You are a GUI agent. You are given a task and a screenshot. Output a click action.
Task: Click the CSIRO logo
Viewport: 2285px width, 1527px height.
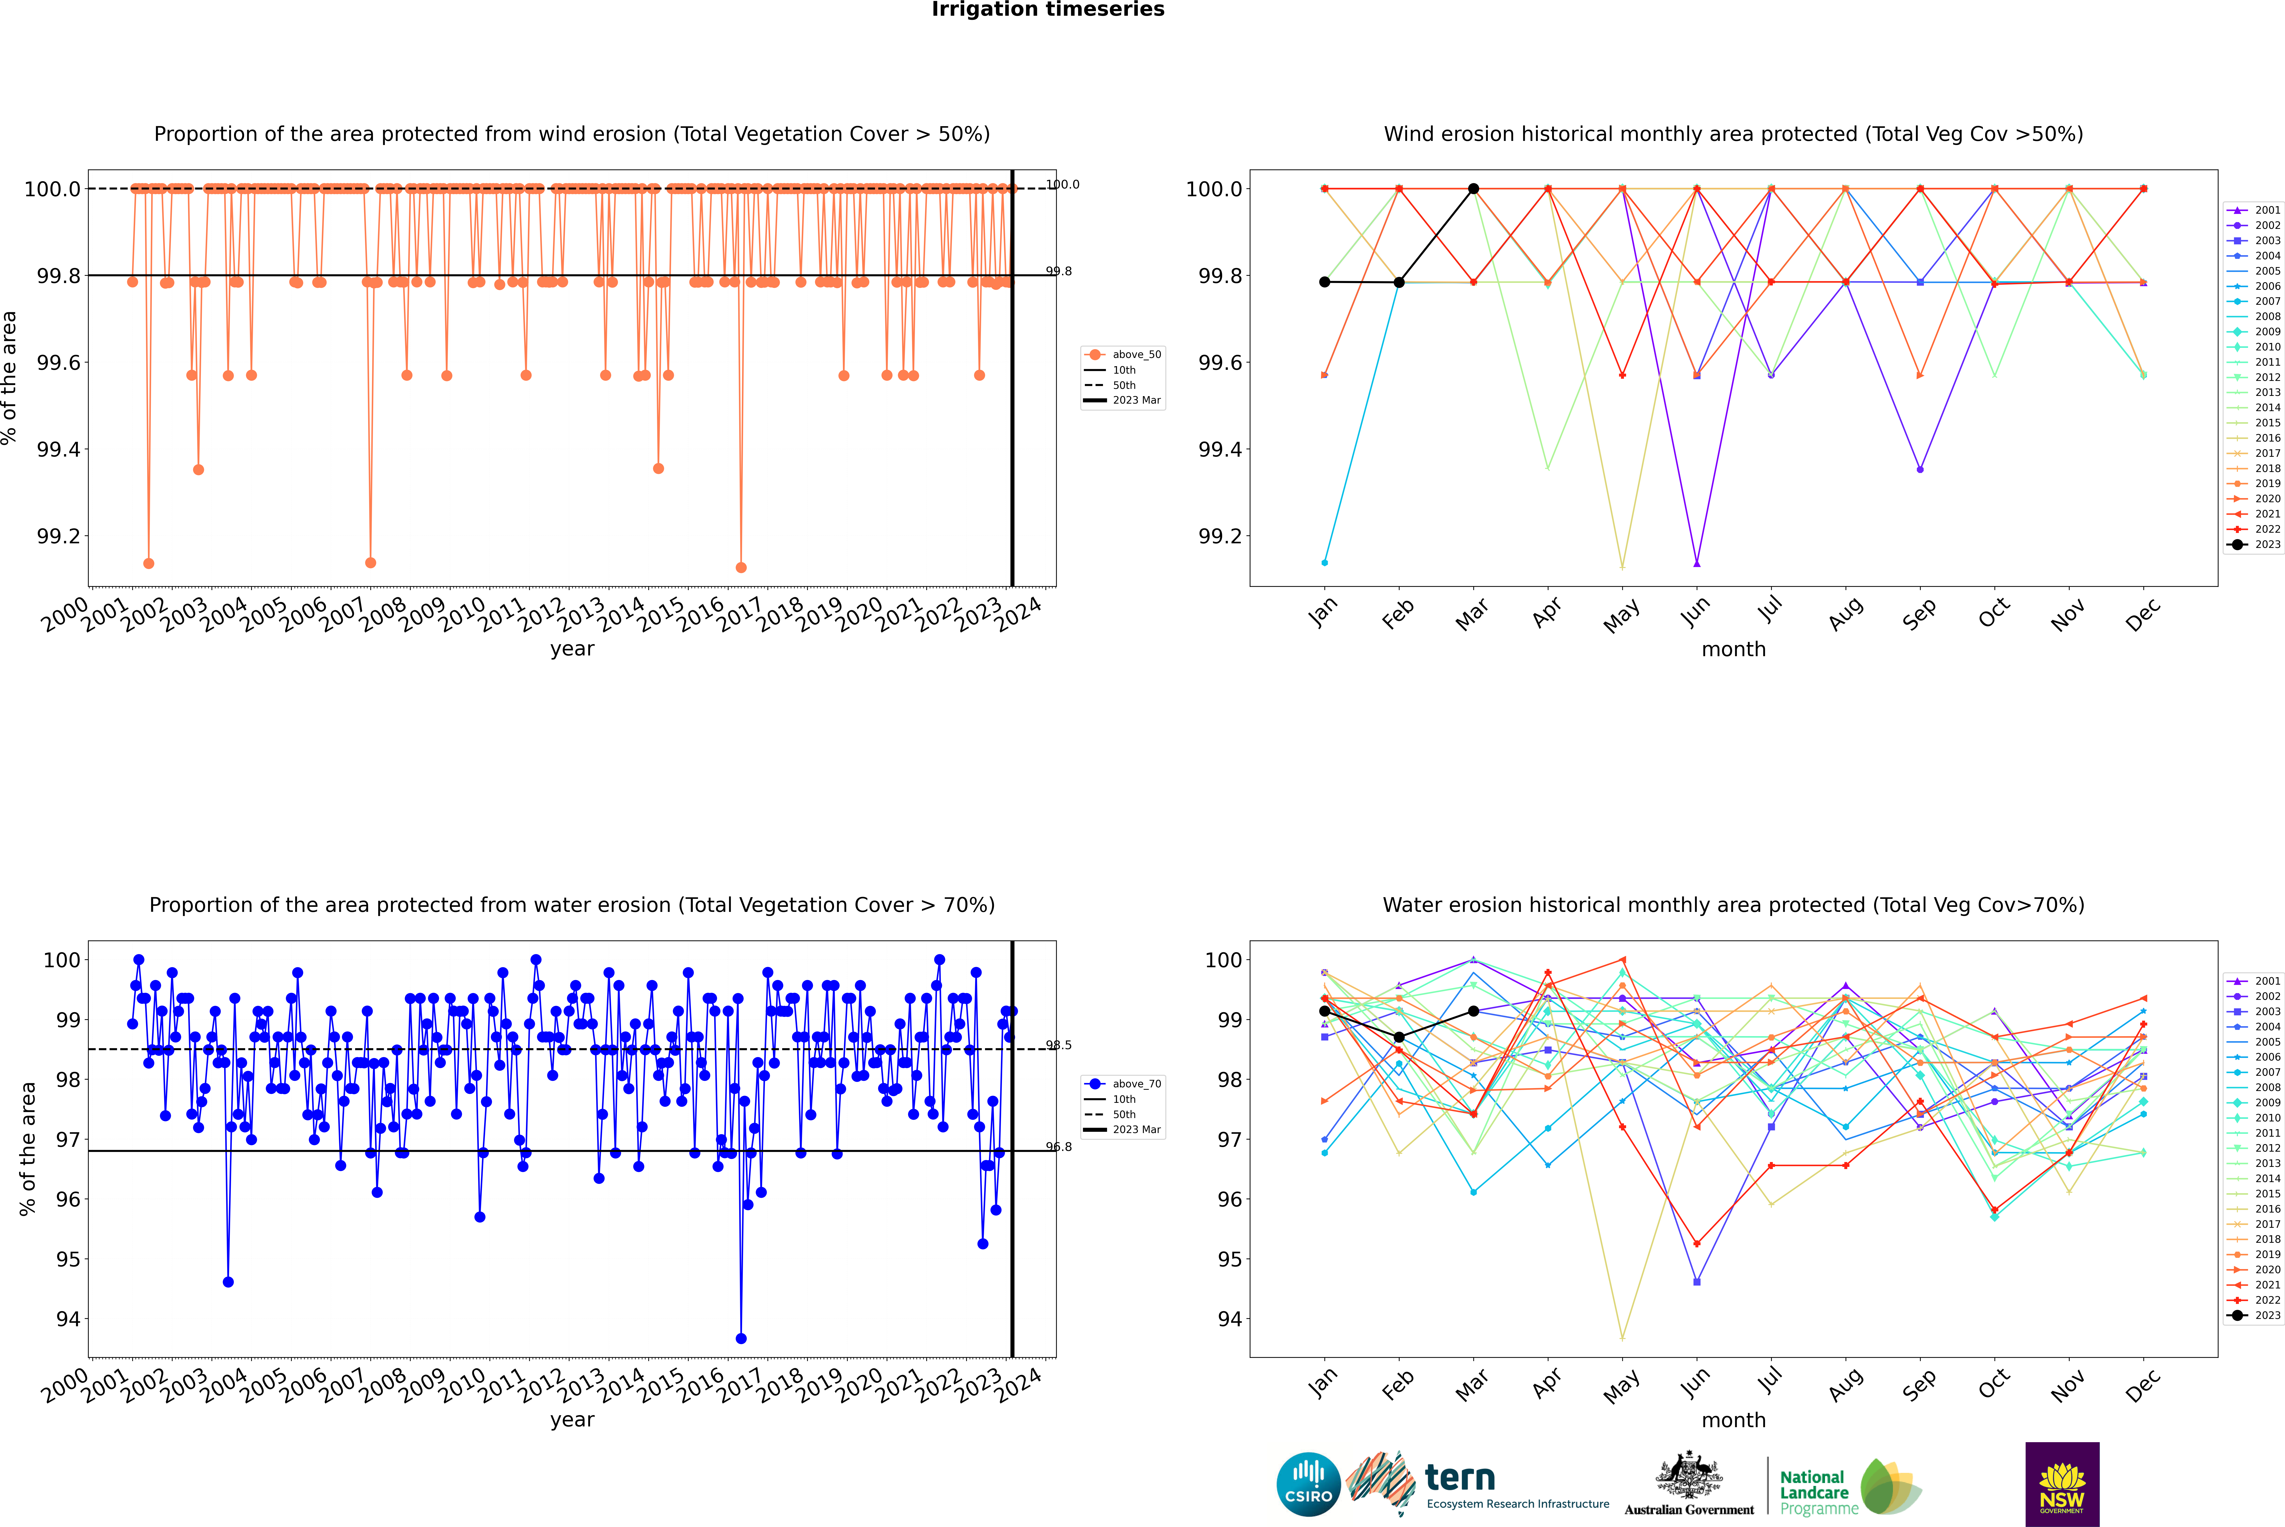[x=1308, y=1484]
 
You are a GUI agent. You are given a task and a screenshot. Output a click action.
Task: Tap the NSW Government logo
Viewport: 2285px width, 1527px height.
[x=2062, y=1484]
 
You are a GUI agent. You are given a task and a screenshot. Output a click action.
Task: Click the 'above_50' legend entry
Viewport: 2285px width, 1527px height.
[x=1123, y=355]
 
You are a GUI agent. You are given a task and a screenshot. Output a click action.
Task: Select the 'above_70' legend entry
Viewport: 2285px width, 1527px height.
[x=1123, y=1084]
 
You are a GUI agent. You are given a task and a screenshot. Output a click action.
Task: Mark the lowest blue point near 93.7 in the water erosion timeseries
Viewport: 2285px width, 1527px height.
[x=741, y=1338]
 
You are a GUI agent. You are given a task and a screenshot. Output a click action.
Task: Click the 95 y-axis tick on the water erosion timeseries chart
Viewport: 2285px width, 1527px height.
[x=68, y=1259]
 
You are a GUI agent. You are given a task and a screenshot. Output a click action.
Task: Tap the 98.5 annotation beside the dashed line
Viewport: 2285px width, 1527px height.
[x=1059, y=1045]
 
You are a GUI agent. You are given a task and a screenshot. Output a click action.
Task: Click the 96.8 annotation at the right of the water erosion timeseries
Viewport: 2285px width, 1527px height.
[x=1059, y=1146]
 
